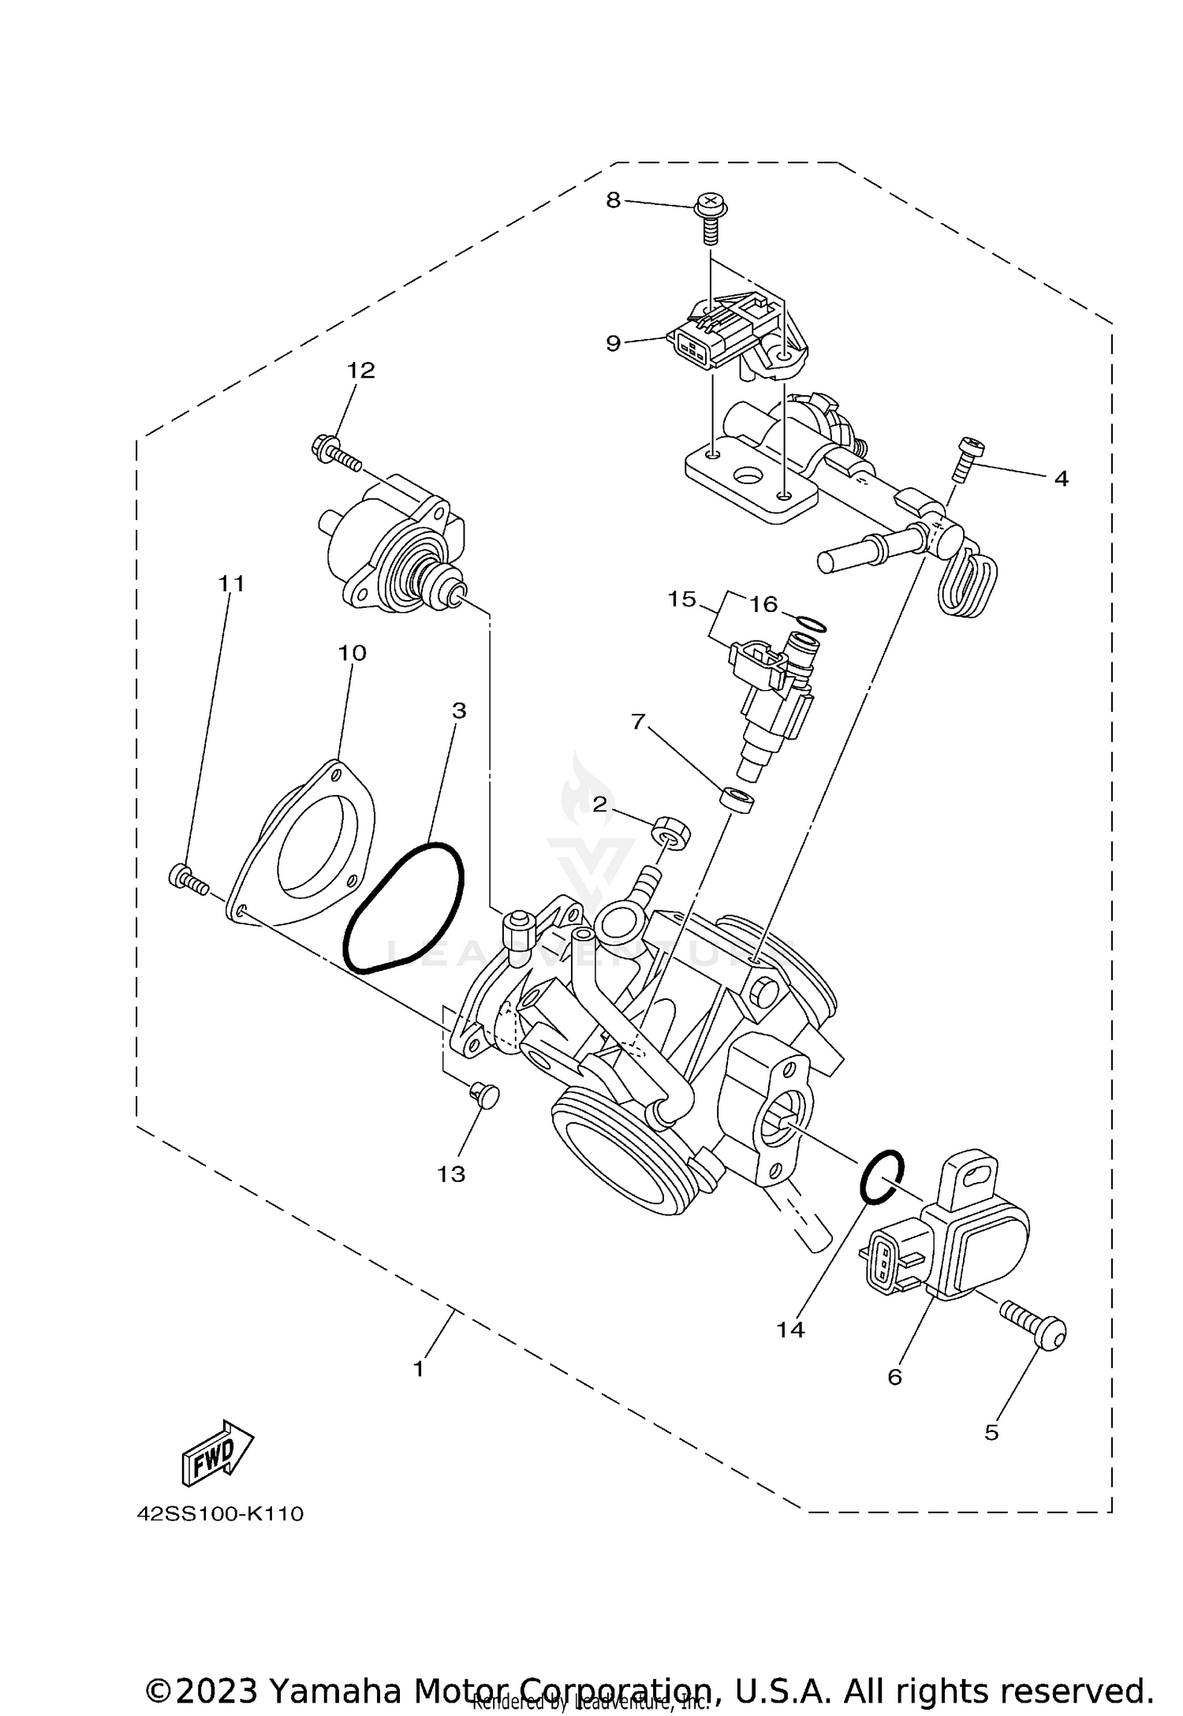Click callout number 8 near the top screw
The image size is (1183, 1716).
tap(614, 200)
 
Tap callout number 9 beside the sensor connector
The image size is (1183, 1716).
tap(614, 343)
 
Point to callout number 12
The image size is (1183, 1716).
tap(361, 370)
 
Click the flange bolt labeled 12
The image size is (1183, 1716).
tap(335, 453)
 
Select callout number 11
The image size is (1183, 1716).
tap(231, 584)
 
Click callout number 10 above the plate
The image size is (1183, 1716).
tap(353, 653)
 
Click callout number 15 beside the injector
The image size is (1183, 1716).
tap(682, 599)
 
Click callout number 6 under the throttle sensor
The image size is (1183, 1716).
tap(894, 1377)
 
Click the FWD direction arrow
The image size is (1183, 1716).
tap(218, 1452)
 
